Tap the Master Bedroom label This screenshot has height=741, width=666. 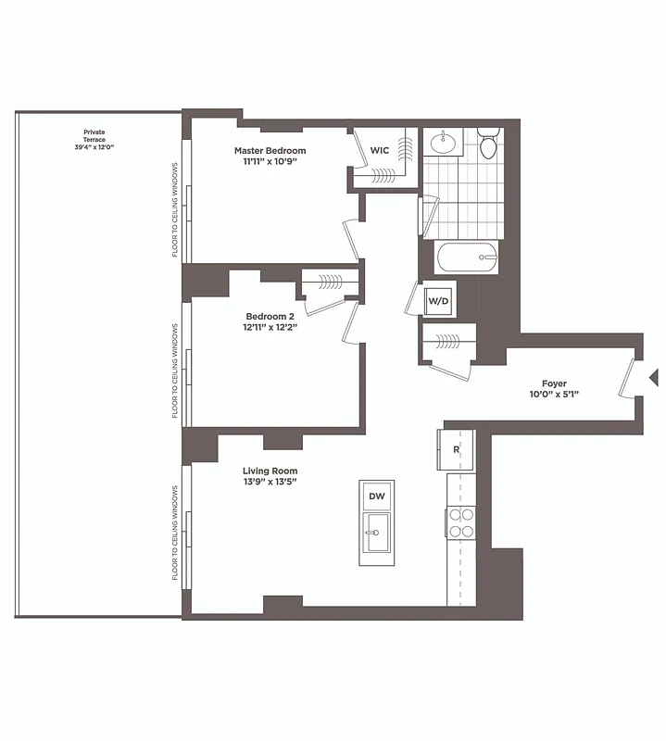pos(270,150)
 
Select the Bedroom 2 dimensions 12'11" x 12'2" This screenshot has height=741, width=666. pos(270,326)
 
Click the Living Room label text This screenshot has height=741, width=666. pos(270,471)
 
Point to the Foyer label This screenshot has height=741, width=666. pos(554,383)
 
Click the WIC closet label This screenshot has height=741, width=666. pos(380,149)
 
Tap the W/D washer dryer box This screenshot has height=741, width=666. pos(436,300)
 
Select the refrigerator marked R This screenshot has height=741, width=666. pos(456,449)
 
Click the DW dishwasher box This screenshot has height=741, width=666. pos(376,496)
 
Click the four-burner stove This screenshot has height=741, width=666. pos(461,523)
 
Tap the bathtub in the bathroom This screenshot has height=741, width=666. pos(467,257)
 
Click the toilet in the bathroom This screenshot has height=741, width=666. pos(488,144)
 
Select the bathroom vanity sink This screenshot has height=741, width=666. pos(443,143)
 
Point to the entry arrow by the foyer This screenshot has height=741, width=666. pos(653,377)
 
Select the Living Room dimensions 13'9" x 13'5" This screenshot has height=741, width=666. pos(270,482)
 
